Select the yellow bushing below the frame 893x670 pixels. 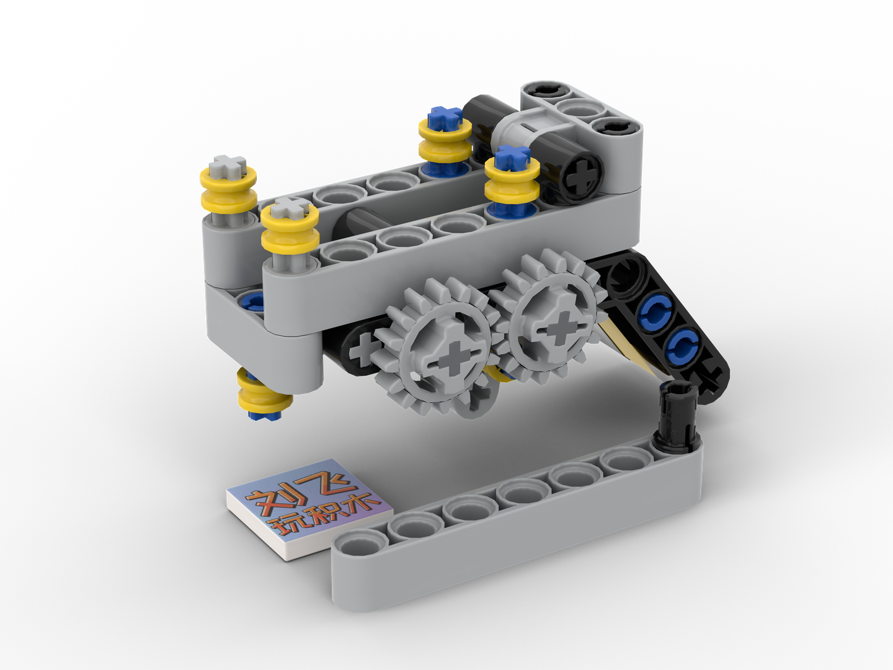264,394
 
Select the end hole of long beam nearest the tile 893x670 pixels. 360,547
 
